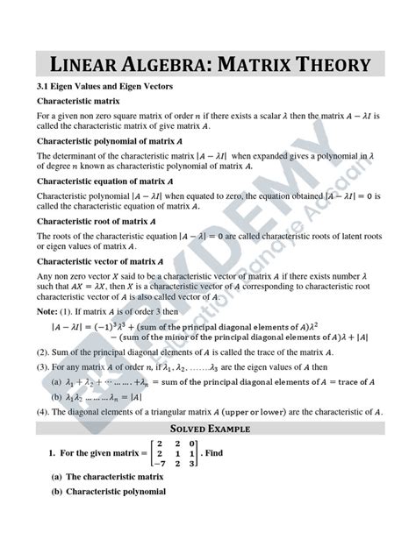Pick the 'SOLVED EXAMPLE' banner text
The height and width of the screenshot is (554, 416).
(207, 430)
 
